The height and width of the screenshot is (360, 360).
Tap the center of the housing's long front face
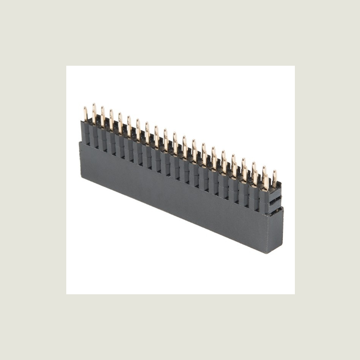pyautogui.click(x=171, y=191)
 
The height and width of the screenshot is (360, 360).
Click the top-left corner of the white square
pyautogui.click(x=66, y=66)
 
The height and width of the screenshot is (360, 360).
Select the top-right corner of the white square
pyautogui.click(x=294, y=66)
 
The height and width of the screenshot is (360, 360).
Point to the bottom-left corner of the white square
pyautogui.click(x=66, y=294)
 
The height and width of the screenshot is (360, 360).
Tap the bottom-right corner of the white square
pyautogui.click(x=294, y=294)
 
